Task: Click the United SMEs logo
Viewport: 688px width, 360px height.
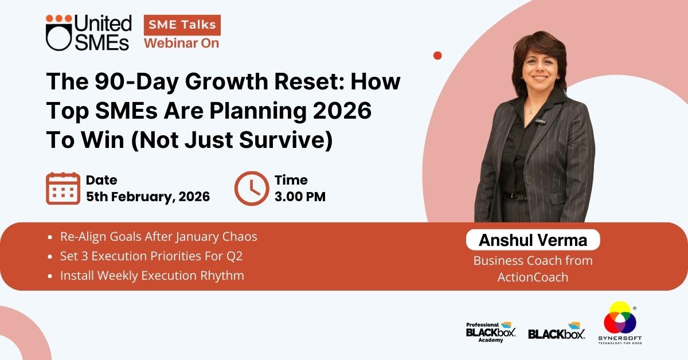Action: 88,33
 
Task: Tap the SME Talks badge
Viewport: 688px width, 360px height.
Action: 182,25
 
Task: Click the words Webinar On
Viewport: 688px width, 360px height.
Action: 182,44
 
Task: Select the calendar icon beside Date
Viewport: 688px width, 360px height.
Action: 63,188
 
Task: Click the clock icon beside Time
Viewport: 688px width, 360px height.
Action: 252,188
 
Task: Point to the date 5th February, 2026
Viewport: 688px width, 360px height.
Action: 148,197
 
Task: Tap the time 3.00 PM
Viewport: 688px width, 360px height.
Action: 300,197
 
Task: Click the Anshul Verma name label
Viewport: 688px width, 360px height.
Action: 533,240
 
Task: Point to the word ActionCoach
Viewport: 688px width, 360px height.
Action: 533,277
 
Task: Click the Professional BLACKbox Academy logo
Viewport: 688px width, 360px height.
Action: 491,332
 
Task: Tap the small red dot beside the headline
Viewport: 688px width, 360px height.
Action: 437,56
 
